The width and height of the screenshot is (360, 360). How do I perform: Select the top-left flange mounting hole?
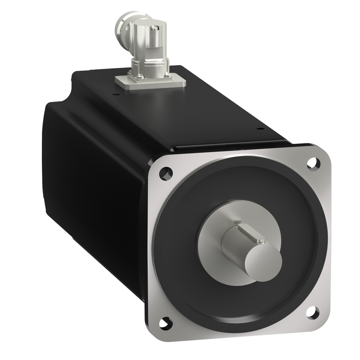(165, 173)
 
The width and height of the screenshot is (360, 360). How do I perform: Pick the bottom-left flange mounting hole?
(165, 322)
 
